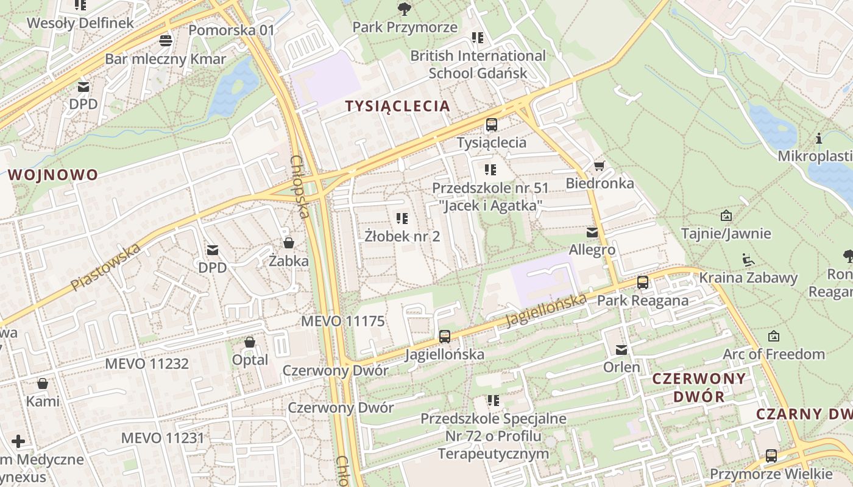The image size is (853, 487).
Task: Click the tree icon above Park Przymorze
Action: (404, 9)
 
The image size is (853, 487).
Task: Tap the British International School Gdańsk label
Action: (478, 64)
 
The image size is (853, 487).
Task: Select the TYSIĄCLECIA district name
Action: (397, 106)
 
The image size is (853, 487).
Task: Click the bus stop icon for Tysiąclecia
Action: (491, 125)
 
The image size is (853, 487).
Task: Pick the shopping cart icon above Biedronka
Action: (600, 166)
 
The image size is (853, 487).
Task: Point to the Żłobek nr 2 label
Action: (402, 236)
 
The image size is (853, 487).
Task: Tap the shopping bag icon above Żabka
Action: (289, 243)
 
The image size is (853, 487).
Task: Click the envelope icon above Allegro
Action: (592, 233)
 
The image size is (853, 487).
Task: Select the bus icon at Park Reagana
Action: (642, 282)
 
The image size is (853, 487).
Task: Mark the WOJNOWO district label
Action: (52, 175)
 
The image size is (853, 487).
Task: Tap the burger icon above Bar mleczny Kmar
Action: (166, 41)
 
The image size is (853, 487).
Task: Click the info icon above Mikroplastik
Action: (819, 139)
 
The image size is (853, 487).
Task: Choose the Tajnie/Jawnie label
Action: (726, 233)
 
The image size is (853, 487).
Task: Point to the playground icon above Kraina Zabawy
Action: (748, 260)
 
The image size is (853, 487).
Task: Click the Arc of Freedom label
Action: (773, 354)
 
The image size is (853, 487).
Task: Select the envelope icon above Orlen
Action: (621, 350)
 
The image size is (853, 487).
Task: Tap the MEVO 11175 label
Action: (343, 321)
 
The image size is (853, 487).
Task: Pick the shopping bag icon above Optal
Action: (250, 342)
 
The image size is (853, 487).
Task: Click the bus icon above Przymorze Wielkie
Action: (771, 455)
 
